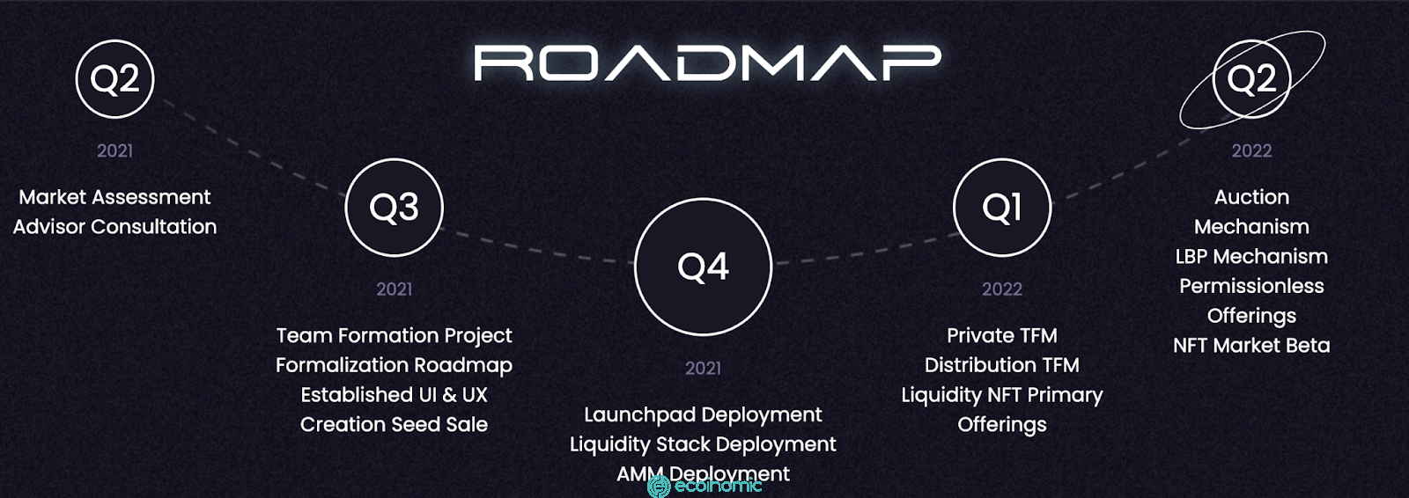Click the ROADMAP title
click(x=707, y=62)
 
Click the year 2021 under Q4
click(x=704, y=368)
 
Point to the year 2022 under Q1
click(x=1002, y=289)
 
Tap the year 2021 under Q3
click(x=395, y=289)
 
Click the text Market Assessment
click(x=115, y=197)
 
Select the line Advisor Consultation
click(x=115, y=226)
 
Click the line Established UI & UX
click(x=395, y=394)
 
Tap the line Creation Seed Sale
click(x=395, y=424)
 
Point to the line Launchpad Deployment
click(x=704, y=415)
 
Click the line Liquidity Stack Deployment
click(x=704, y=444)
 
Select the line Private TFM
click(x=1002, y=335)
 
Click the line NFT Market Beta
click(x=1251, y=345)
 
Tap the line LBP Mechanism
click(x=1251, y=256)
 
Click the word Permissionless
click(x=1251, y=285)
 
